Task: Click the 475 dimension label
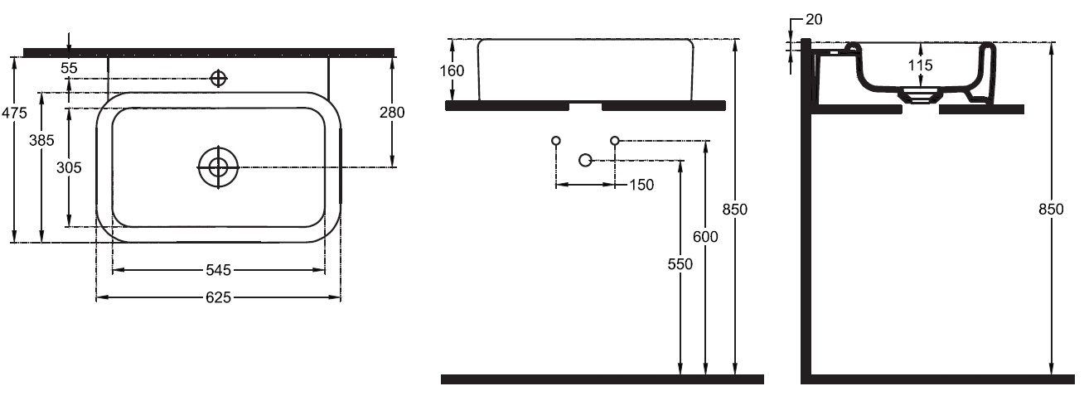15,113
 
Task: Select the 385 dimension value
41,140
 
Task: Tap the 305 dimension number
69,168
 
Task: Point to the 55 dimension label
70,68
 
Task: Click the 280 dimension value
392,112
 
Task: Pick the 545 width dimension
218,270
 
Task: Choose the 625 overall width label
218,297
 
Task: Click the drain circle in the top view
218,167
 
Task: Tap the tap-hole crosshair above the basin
218,78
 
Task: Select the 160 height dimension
452,71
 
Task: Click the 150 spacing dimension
641,185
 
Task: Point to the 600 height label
705,237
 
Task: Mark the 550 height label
680,264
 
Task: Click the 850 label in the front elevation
734,210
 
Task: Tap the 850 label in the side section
1051,210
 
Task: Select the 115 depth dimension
920,65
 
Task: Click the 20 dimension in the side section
814,19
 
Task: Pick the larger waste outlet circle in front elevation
585,160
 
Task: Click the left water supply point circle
556,141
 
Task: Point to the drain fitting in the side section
921,95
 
